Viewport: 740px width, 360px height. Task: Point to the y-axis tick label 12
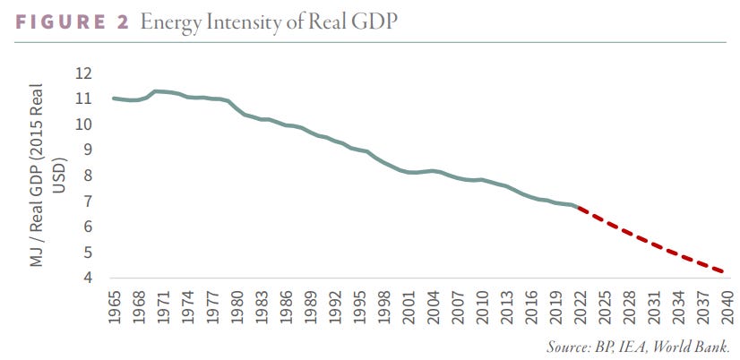84,73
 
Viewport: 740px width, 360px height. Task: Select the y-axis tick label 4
89,279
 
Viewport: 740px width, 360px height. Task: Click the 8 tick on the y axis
89,176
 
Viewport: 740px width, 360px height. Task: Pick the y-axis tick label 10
84,124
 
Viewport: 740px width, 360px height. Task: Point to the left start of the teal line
114,98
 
